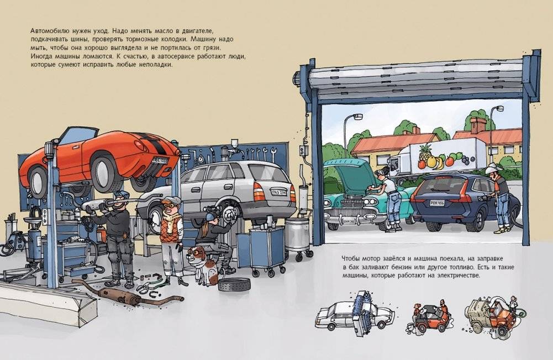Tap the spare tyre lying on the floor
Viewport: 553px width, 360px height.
click(x=234, y=284)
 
